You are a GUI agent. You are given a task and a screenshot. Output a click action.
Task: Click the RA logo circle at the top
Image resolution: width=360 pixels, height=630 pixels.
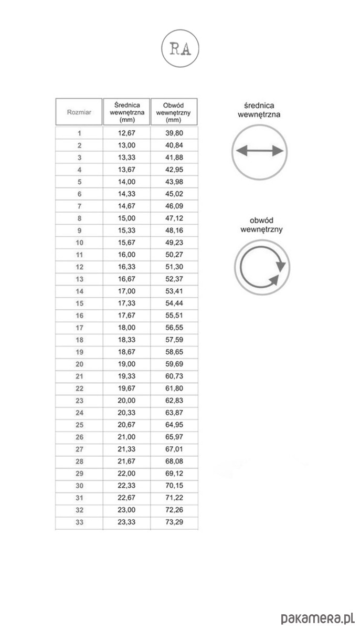point(180,49)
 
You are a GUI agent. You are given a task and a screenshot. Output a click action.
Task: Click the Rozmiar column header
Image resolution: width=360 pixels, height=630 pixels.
point(79,112)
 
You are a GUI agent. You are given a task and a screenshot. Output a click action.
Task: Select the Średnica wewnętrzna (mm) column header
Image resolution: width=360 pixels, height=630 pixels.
point(126,112)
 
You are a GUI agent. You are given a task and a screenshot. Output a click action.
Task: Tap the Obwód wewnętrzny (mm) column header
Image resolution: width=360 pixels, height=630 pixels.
point(174,112)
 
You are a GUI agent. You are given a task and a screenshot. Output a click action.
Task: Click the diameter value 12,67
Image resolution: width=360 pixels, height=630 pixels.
point(126,133)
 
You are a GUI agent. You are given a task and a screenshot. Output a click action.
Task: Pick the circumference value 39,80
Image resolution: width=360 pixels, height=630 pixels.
point(174,133)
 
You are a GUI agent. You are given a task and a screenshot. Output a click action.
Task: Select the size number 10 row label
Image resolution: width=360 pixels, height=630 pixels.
point(79,243)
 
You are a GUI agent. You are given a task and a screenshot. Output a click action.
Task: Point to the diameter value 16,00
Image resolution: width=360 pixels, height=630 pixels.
point(126,255)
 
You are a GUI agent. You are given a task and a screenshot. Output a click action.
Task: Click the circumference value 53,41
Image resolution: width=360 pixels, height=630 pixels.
point(174,291)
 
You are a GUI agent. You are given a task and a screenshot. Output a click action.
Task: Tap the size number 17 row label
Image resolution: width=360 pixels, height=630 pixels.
point(79,328)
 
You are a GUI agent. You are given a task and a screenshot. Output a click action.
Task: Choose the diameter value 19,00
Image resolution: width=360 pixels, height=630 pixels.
point(126,364)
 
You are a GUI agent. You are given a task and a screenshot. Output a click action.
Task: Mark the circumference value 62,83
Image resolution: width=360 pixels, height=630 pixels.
point(174,400)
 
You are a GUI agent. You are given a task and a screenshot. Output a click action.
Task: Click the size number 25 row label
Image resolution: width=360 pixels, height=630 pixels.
point(79,425)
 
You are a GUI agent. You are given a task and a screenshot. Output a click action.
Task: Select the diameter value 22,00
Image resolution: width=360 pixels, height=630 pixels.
point(126,473)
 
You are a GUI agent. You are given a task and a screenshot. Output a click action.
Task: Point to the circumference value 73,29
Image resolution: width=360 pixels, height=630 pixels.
point(174,521)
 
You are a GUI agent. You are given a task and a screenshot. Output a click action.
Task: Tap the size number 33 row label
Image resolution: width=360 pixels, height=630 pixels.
point(79,521)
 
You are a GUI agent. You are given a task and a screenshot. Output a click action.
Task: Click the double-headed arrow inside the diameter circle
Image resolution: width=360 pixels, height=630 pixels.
point(259,152)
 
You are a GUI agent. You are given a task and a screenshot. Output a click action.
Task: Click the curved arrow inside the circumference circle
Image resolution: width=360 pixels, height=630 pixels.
point(262,268)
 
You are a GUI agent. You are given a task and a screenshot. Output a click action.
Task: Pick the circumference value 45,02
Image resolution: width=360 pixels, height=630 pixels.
point(174,194)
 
